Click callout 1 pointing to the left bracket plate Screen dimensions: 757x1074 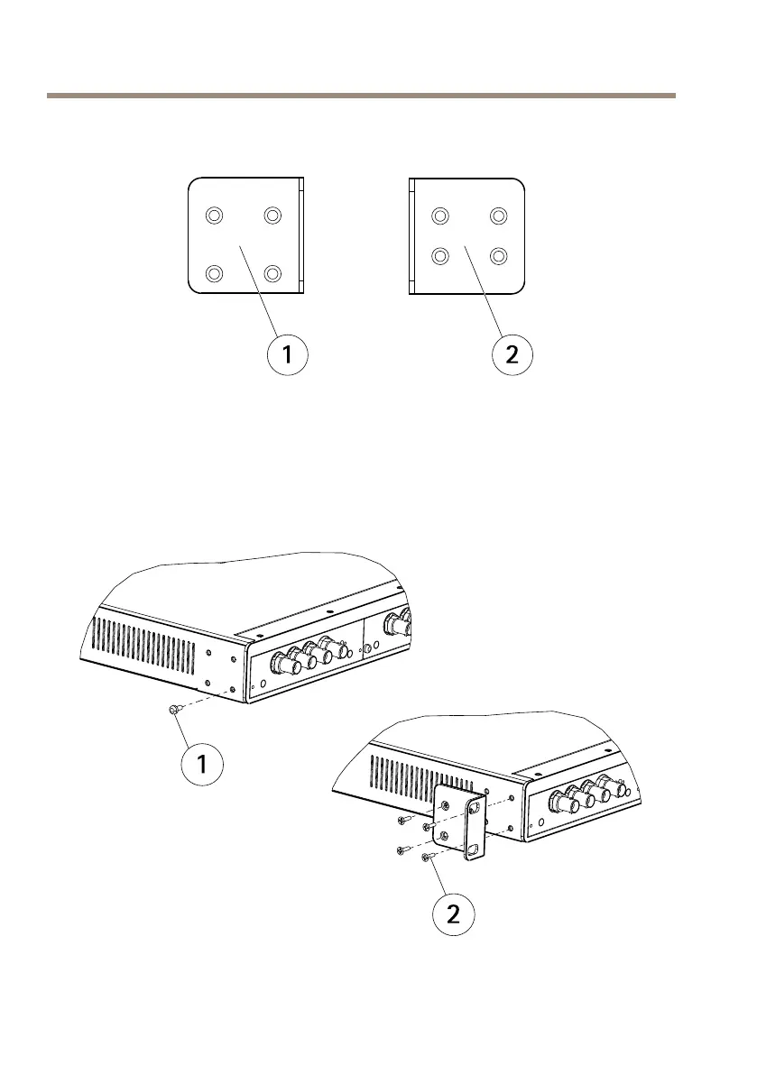click(288, 355)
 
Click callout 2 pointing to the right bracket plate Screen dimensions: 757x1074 click(512, 355)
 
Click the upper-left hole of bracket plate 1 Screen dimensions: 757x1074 click(214, 216)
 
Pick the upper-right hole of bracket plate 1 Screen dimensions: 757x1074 click(272, 216)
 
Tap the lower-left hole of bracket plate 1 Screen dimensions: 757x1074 click(214, 272)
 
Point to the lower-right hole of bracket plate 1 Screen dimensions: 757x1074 click(272, 272)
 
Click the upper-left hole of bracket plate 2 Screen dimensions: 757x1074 click(440, 216)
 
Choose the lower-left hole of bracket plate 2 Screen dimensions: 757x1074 click(440, 255)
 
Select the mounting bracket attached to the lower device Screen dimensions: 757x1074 click(462, 822)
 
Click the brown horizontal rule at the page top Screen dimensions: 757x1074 click(361, 94)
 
